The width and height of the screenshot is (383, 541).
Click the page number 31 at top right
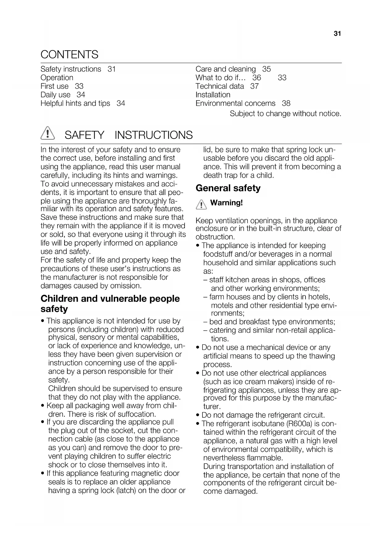[x=337, y=34]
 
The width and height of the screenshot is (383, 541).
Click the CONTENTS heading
[x=69, y=55]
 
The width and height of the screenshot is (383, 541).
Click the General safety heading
[x=228, y=188]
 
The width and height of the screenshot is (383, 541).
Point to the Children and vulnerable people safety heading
[x=110, y=304]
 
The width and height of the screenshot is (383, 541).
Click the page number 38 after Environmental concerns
[x=286, y=103]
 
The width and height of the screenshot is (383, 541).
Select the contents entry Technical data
[x=219, y=86]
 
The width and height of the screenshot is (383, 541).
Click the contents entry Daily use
[x=55, y=95]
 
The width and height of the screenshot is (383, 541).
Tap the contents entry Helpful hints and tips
[x=75, y=103]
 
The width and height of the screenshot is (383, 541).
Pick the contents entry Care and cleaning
[x=226, y=69]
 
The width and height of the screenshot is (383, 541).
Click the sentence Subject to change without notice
[x=285, y=114]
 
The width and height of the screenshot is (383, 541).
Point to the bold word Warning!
[x=226, y=203]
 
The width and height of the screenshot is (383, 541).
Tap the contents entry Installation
[x=213, y=95]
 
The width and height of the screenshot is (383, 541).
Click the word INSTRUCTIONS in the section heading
[x=153, y=135]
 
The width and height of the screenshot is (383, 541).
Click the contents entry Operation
[x=57, y=78]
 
